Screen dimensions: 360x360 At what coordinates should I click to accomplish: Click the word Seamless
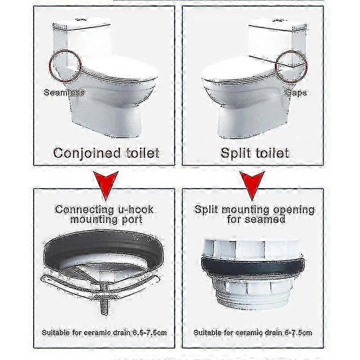coord(64,93)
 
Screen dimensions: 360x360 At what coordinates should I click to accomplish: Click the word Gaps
coord(296,93)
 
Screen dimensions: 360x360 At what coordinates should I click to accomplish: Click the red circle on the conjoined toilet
coord(49,66)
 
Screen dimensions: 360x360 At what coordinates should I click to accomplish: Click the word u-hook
coord(136,210)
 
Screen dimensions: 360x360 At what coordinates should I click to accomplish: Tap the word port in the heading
coord(132,220)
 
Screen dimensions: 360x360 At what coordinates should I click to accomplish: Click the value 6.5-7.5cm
coord(150,333)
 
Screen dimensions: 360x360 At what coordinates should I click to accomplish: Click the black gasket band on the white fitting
coord(253,266)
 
